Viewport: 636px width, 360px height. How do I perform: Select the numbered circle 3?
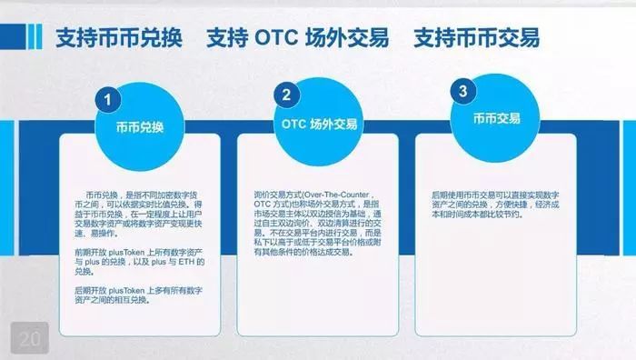(x=463, y=91)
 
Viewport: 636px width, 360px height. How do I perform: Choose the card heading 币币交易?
(x=496, y=119)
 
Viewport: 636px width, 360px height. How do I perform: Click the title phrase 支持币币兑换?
(x=119, y=38)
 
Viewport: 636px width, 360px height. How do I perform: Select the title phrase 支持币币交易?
(x=476, y=38)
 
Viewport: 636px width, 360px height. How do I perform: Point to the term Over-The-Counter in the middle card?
(x=352, y=195)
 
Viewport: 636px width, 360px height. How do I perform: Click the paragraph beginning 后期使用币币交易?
(x=498, y=205)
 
